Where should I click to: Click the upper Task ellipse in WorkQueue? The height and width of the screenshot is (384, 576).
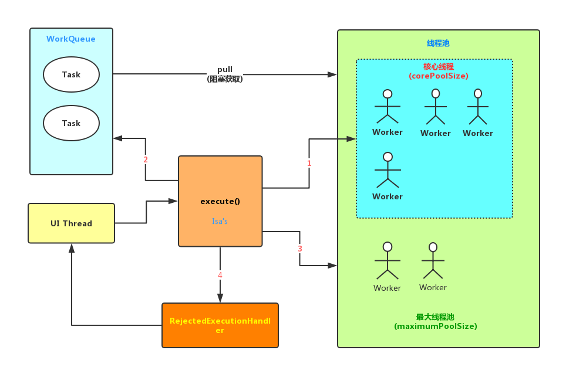click(x=71, y=74)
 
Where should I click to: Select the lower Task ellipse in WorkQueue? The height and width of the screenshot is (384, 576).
click(x=71, y=123)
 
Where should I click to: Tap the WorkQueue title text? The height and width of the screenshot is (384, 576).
click(x=71, y=39)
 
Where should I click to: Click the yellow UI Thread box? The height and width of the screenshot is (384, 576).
click(x=71, y=223)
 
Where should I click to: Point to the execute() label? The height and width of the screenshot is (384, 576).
click(x=220, y=201)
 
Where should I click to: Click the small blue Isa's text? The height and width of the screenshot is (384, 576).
click(x=220, y=222)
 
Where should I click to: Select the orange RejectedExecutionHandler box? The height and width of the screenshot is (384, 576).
click(x=220, y=325)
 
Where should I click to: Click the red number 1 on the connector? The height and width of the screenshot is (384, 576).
click(x=309, y=164)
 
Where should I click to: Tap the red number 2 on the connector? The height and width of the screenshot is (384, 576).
click(x=146, y=159)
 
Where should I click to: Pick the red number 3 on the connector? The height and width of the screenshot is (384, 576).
click(x=300, y=249)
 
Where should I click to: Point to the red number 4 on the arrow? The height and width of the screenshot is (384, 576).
click(x=220, y=275)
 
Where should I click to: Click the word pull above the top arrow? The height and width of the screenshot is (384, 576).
click(x=225, y=70)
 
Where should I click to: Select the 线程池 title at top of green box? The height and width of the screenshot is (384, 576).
click(x=438, y=43)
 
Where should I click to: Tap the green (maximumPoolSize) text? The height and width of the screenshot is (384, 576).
click(x=436, y=326)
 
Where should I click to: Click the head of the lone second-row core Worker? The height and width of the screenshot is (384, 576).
click(x=388, y=157)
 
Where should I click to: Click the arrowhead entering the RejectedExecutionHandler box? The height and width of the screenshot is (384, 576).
click(x=220, y=298)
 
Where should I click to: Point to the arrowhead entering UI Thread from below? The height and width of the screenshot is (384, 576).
click(x=72, y=248)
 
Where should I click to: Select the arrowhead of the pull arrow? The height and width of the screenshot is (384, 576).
click(x=332, y=74)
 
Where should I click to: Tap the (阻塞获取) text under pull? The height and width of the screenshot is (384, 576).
click(x=225, y=79)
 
